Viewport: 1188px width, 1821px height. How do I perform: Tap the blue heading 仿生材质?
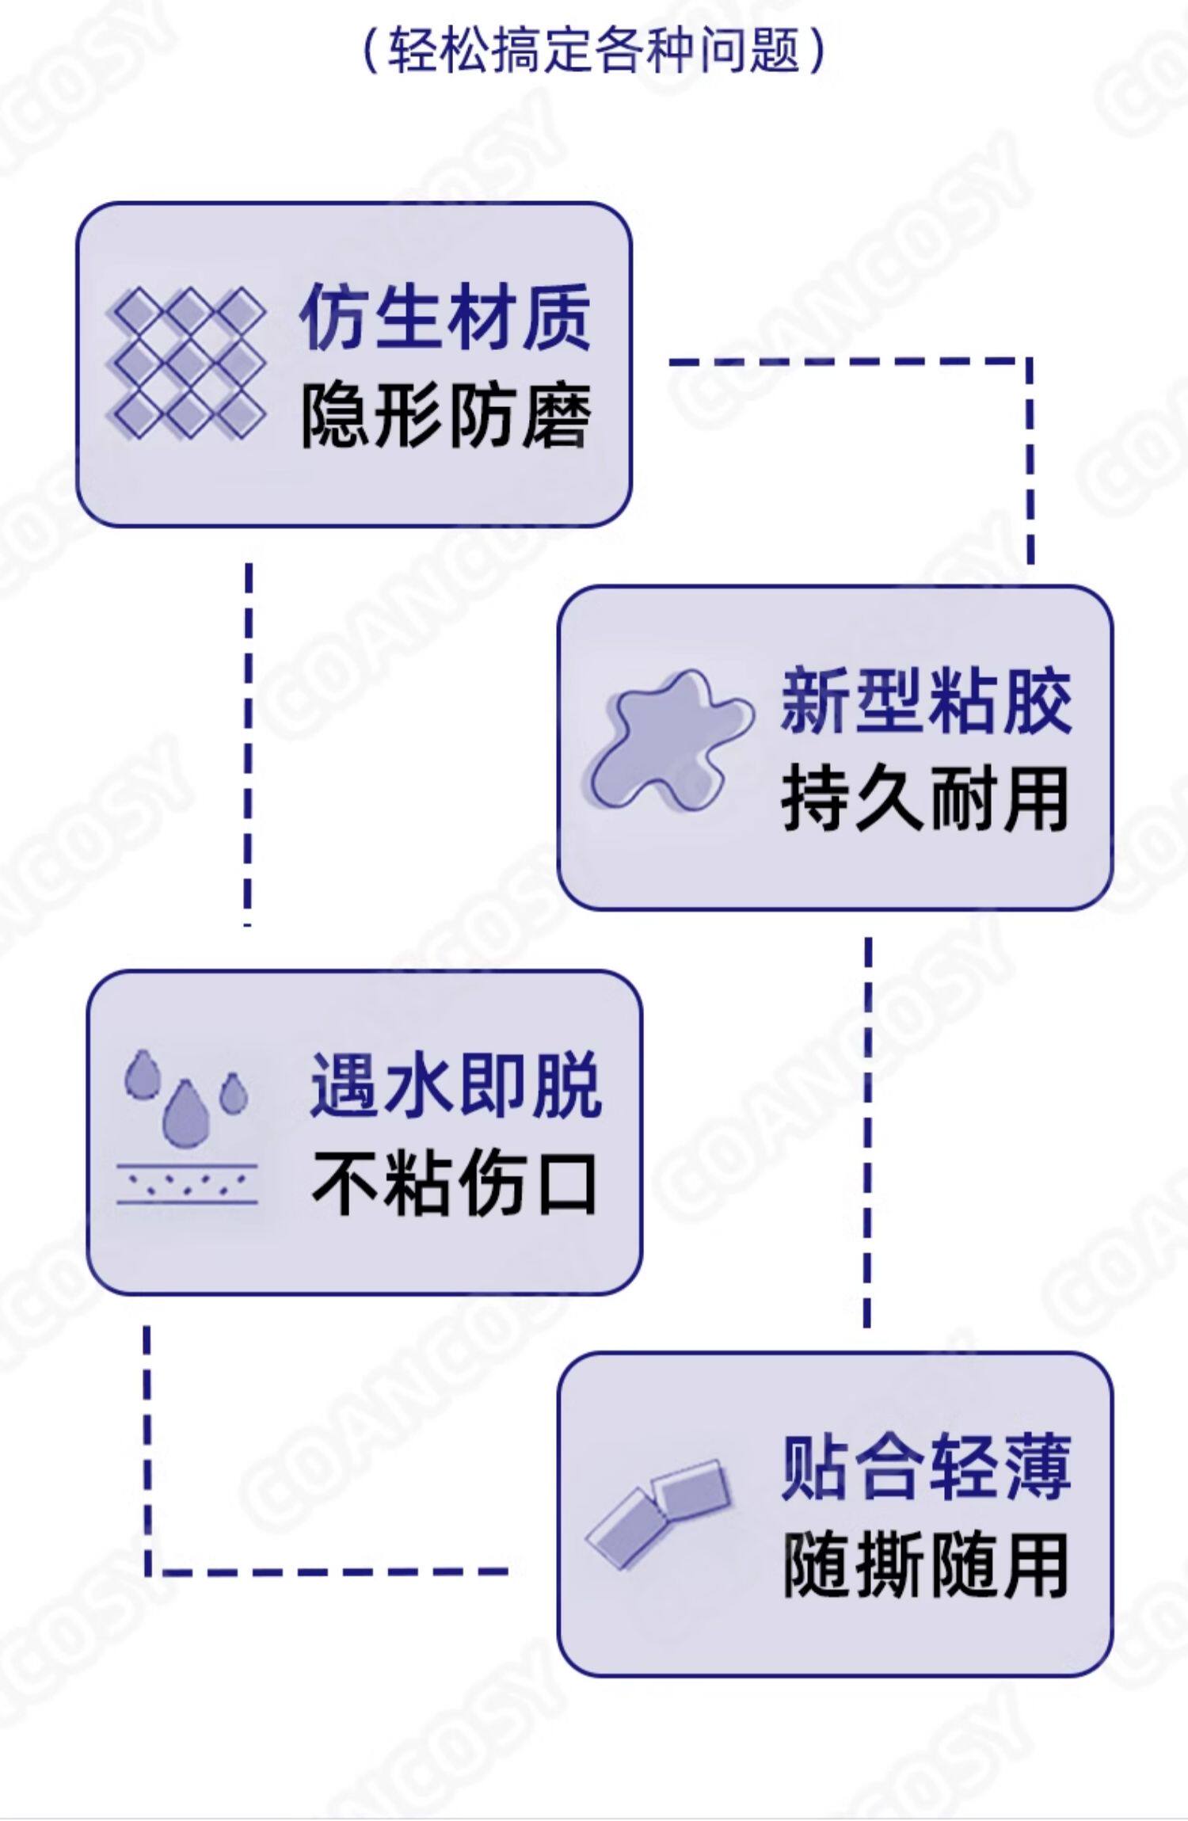(445, 318)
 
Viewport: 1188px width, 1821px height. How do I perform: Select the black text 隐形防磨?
(445, 416)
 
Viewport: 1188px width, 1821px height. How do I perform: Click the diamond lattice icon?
(187, 363)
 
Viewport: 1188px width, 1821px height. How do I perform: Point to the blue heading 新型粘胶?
(925, 702)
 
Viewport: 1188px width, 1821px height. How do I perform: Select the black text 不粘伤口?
(455, 1184)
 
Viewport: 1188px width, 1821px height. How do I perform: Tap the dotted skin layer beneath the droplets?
(187, 1184)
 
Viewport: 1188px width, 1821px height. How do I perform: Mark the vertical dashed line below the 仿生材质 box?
(248, 745)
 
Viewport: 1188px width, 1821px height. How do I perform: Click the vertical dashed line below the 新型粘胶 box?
(868, 1133)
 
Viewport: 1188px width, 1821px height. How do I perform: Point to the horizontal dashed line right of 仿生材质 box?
(847, 362)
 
